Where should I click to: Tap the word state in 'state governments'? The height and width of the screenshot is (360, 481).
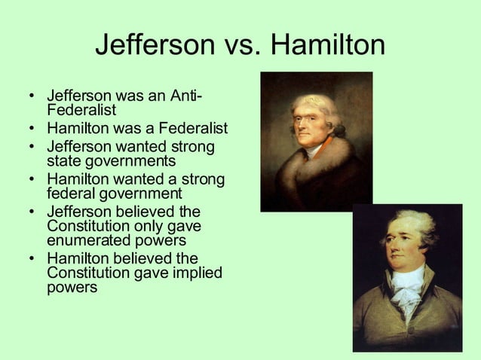pos(64,160)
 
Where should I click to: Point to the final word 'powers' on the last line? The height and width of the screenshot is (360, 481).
pos(72,287)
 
